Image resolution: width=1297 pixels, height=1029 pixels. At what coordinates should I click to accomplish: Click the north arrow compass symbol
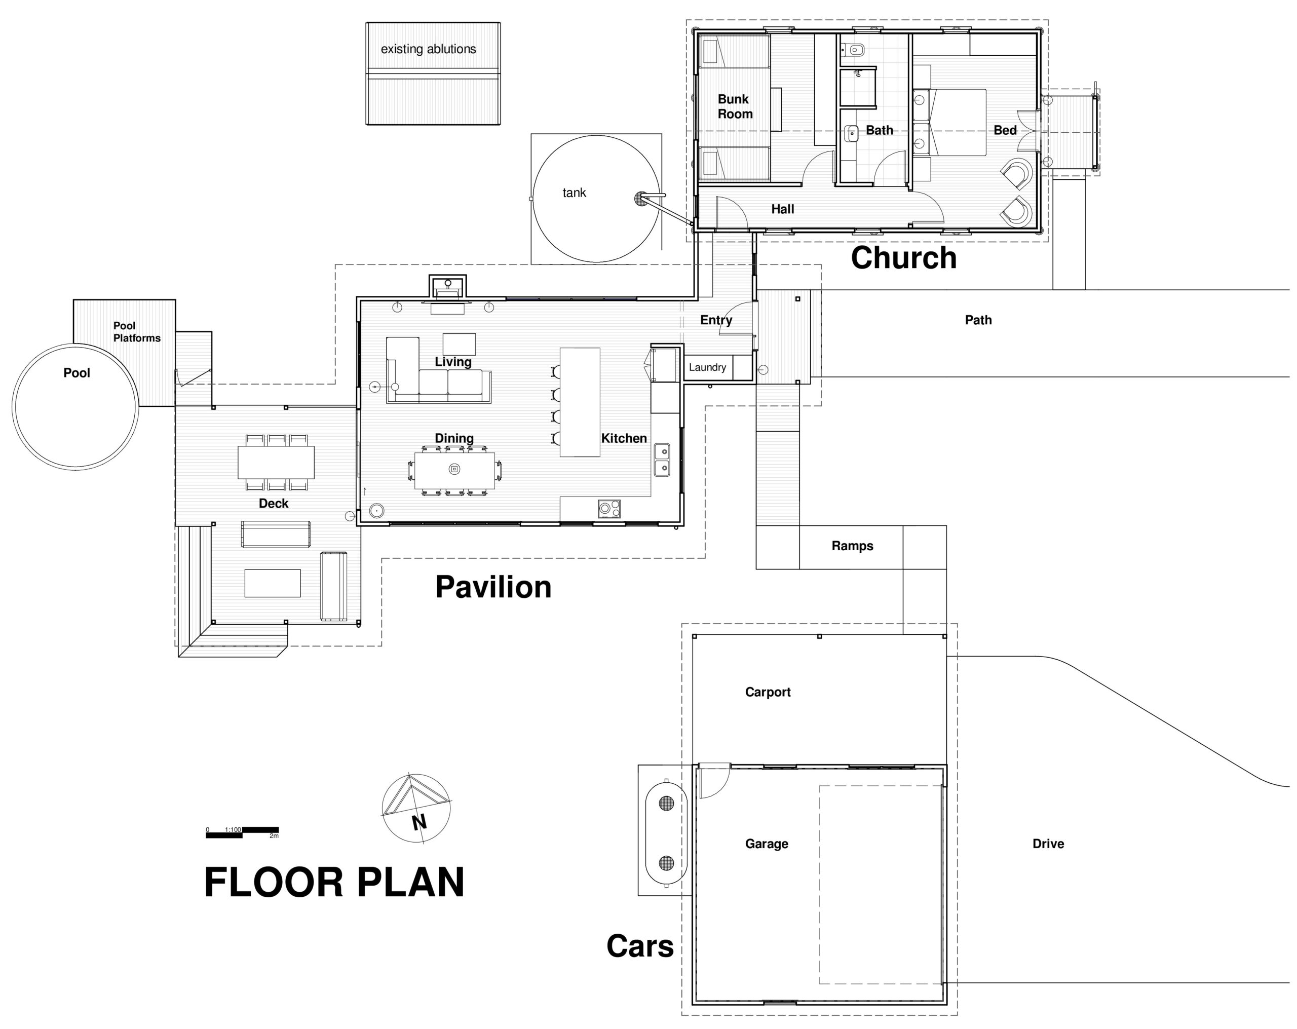415,808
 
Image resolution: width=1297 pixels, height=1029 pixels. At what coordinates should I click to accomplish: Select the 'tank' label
574,193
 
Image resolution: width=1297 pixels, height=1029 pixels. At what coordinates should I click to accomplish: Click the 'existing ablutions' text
428,49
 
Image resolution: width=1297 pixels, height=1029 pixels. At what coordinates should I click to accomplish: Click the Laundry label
707,367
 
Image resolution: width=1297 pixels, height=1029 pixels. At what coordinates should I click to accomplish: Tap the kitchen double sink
662,459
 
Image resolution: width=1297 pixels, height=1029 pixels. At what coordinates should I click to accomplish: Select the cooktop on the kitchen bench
609,509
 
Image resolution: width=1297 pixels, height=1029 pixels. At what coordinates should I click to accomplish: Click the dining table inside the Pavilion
455,470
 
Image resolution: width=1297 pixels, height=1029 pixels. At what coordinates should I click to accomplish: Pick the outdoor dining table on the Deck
276,462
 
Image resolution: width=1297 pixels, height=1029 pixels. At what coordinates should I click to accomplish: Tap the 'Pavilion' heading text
493,587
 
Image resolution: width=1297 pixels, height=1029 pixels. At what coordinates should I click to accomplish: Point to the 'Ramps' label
853,546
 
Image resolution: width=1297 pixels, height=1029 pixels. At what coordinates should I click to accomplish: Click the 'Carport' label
768,692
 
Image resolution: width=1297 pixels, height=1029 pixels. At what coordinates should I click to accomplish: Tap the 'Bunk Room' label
735,106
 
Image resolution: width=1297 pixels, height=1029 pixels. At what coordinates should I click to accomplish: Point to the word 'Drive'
1048,844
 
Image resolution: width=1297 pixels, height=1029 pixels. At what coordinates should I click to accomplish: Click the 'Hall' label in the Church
783,209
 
